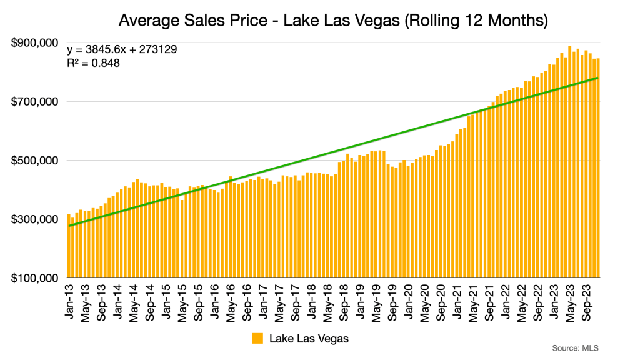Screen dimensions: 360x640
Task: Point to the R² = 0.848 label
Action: point(93,62)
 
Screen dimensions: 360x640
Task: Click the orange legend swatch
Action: point(257,339)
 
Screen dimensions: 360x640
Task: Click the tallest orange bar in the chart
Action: point(570,162)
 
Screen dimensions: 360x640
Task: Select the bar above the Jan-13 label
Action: point(69,247)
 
